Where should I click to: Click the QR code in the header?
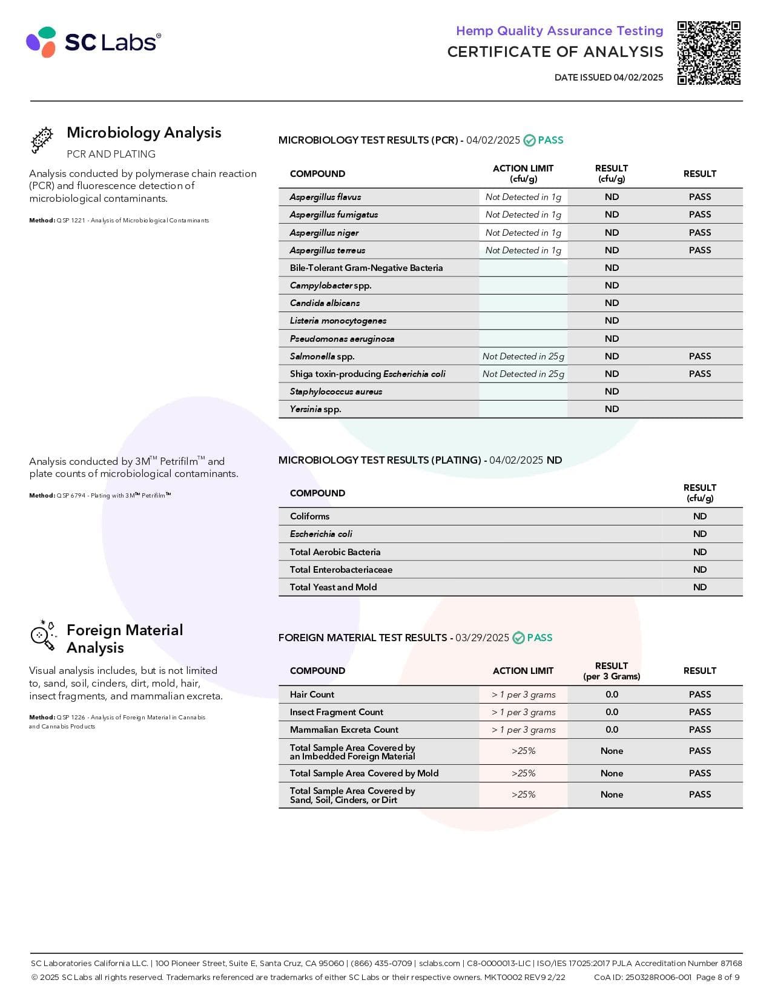coord(708,53)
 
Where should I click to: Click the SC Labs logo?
coord(93,42)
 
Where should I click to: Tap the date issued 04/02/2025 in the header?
coord(609,78)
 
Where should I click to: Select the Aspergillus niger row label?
coord(324,233)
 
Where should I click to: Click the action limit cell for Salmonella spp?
coord(523,356)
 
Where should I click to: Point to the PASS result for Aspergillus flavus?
coord(699,197)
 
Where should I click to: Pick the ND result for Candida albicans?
coord(612,303)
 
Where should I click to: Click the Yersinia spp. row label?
coord(315,409)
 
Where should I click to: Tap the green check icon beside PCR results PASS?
coord(529,141)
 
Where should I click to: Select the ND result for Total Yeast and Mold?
coord(699,587)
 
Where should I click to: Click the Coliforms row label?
coord(309,516)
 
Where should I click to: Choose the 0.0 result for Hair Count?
coord(612,695)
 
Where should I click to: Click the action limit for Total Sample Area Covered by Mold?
coord(523,773)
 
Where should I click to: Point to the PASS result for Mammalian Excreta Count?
coord(699,730)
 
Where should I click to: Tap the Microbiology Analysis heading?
coord(144,133)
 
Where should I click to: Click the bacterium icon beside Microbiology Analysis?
coord(42,140)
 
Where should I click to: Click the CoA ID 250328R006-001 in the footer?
coord(642,977)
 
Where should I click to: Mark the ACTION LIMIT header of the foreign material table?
coord(523,671)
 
